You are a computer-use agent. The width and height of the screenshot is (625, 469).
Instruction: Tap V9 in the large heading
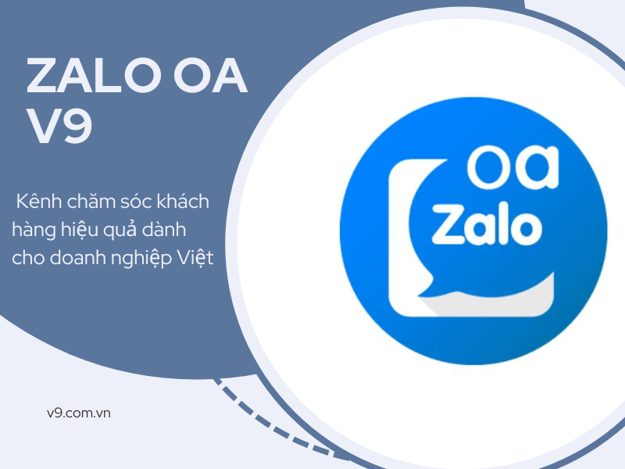(x=60, y=127)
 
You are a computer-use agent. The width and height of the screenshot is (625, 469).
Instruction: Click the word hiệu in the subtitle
(x=80, y=230)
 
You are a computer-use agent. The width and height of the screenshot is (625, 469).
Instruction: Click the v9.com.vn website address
(x=79, y=412)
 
